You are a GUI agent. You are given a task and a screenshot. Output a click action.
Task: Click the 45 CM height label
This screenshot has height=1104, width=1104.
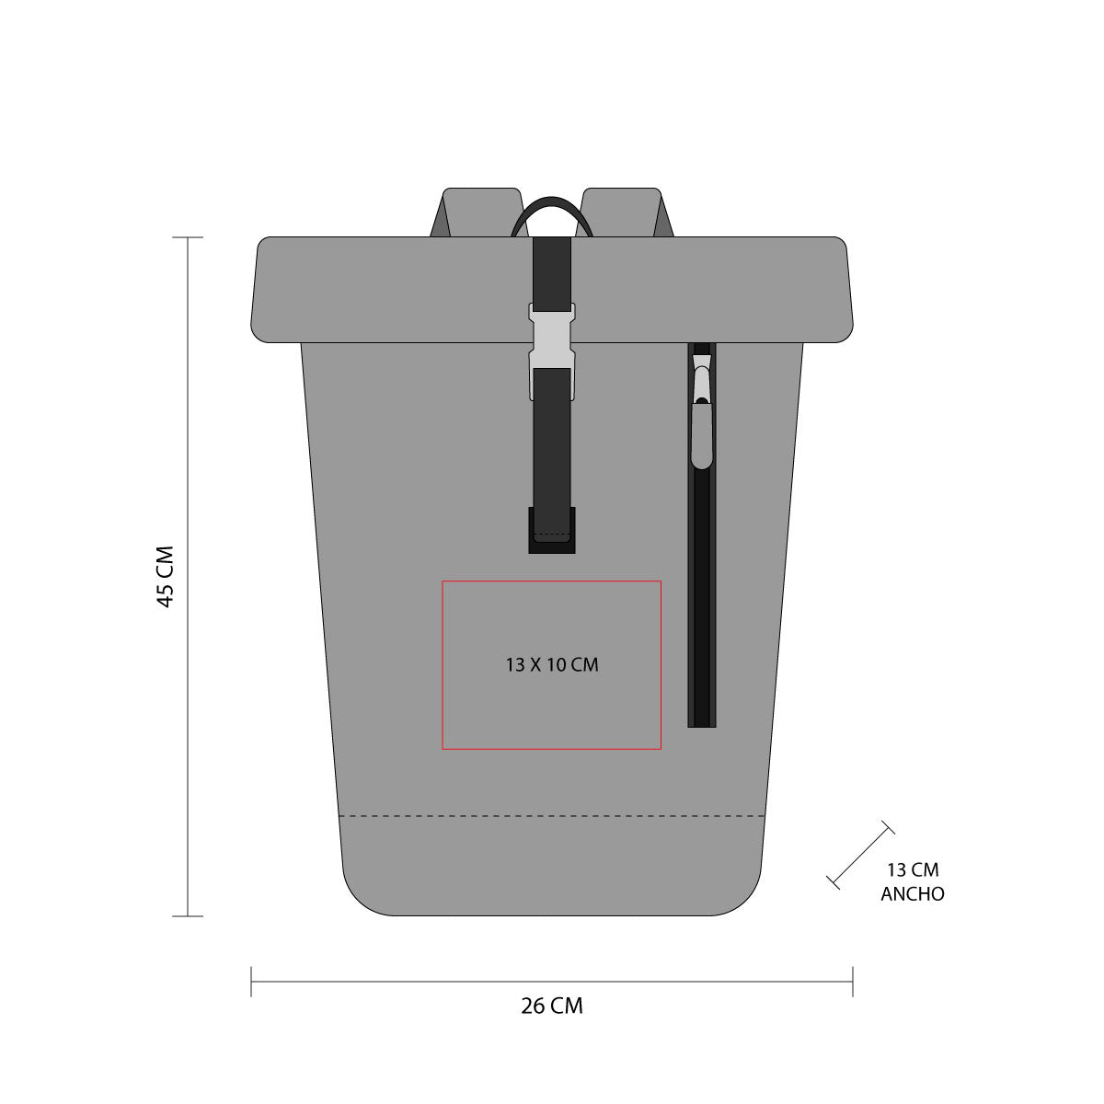coord(165,577)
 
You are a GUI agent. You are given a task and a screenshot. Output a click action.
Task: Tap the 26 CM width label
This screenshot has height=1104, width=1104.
coord(552,1006)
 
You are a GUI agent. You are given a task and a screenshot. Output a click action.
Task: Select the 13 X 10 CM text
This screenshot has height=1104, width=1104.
coord(552,664)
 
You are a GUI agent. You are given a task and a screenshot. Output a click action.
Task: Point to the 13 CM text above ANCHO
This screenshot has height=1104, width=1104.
coord(913,869)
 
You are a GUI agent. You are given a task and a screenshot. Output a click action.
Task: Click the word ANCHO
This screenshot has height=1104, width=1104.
coord(913,893)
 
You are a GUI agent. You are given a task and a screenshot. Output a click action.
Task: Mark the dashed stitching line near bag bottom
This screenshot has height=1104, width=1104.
coord(552,816)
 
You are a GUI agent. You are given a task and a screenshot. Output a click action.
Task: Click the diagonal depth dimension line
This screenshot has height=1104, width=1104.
coord(860,855)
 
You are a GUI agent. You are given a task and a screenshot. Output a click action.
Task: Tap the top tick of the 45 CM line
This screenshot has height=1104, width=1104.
coord(188,237)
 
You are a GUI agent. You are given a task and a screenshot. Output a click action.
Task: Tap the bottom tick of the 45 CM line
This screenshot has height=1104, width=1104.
coord(188,916)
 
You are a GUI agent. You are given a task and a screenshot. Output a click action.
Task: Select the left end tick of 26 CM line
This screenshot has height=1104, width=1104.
coord(251,982)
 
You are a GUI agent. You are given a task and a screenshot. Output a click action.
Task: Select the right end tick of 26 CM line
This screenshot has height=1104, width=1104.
coord(853,982)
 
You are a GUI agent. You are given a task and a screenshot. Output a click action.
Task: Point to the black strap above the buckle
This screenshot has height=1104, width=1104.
coord(552,271)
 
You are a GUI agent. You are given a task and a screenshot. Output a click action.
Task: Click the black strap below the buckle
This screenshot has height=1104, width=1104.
coord(552,442)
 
